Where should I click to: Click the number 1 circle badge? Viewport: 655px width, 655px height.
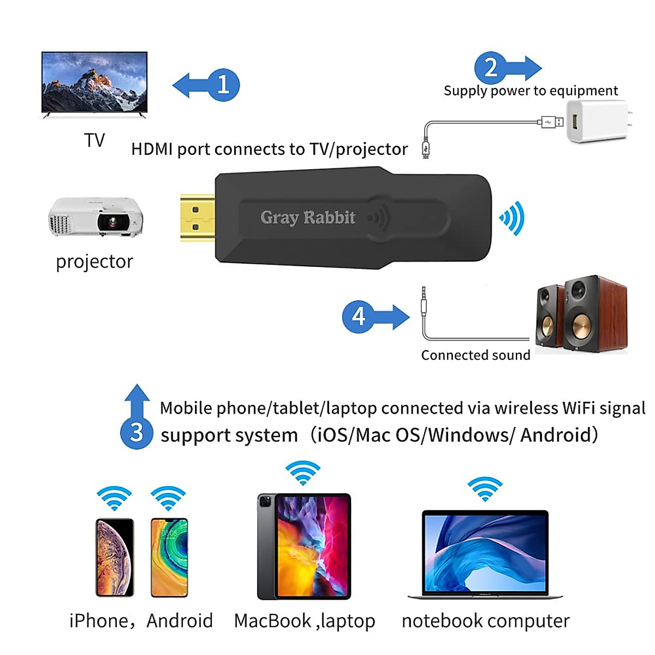223,85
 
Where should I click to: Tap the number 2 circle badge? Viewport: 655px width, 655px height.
491,68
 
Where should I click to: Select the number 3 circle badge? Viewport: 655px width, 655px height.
136,432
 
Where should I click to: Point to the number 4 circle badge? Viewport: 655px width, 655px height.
359,316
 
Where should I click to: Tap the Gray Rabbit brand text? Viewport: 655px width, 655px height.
308,217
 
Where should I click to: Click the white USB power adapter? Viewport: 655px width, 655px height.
597,122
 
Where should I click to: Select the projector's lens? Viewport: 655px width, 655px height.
112,222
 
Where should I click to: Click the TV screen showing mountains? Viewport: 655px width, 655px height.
94,82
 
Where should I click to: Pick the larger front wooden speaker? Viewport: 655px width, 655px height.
594,315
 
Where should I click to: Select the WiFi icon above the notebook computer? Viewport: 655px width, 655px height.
485,488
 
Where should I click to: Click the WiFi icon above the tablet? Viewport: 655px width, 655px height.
303,472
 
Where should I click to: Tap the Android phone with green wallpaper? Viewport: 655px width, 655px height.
169,557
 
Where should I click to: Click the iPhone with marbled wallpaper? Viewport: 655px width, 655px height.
115,557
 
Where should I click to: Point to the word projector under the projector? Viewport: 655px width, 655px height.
94,261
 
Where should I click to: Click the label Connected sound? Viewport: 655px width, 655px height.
475,355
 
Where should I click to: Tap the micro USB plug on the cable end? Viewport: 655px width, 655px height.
426,148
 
